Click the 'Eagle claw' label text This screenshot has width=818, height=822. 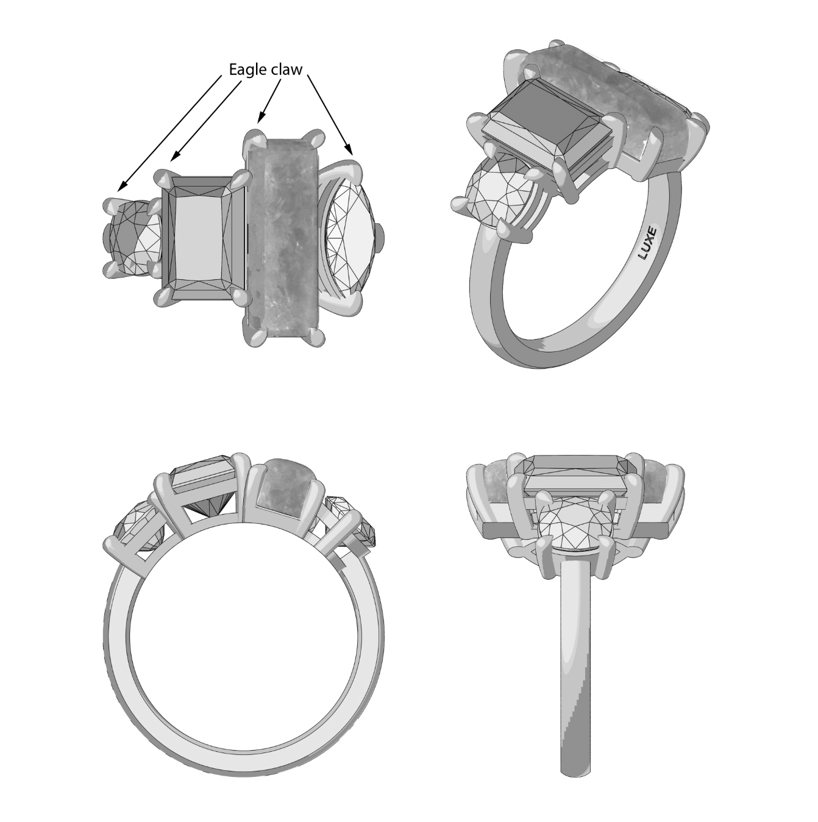265,70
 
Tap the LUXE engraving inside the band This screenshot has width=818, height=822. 648,243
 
